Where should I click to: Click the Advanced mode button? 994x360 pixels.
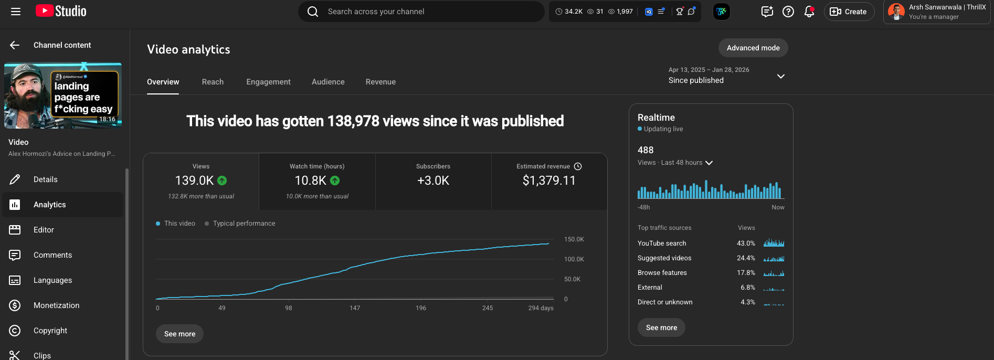pos(753,48)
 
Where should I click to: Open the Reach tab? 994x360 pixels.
pos(213,82)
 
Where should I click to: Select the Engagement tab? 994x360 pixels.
pos(268,82)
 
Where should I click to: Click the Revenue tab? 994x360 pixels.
pos(380,82)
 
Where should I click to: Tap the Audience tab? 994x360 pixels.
pos(328,82)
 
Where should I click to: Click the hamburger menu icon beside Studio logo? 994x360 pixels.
pos(16,12)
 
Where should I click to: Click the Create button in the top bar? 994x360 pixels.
pos(849,12)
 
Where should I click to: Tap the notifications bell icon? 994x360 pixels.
pos(809,12)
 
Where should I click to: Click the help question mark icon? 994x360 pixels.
pos(788,12)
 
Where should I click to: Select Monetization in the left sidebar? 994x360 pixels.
pos(56,305)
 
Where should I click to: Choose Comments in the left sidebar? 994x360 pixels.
pos(52,255)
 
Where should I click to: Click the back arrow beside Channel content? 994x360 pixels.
pos(15,45)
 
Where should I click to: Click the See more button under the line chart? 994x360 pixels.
pos(179,334)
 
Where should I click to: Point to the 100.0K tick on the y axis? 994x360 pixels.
pos(574,259)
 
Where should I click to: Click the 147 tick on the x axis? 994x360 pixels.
pos(355,308)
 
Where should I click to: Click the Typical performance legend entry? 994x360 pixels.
pos(244,224)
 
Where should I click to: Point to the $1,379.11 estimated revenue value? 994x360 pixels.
pos(549,181)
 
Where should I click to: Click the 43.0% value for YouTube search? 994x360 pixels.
pos(746,243)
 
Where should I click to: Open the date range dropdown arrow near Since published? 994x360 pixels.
pos(780,76)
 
